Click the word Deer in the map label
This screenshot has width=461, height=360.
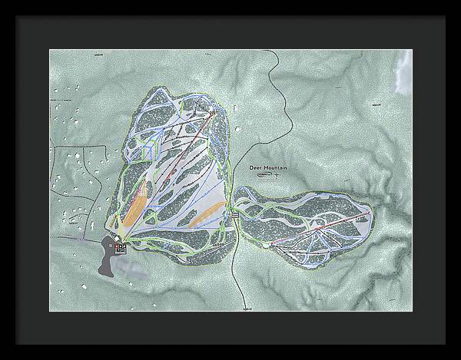point(257,167)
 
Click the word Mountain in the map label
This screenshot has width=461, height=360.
point(274,167)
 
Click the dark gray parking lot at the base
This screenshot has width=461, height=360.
point(104,257)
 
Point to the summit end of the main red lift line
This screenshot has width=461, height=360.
point(211,114)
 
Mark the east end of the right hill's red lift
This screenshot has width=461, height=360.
point(369,210)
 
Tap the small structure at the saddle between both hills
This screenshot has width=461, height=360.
point(235,217)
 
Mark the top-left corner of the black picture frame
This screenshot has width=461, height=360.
point(3,3)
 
